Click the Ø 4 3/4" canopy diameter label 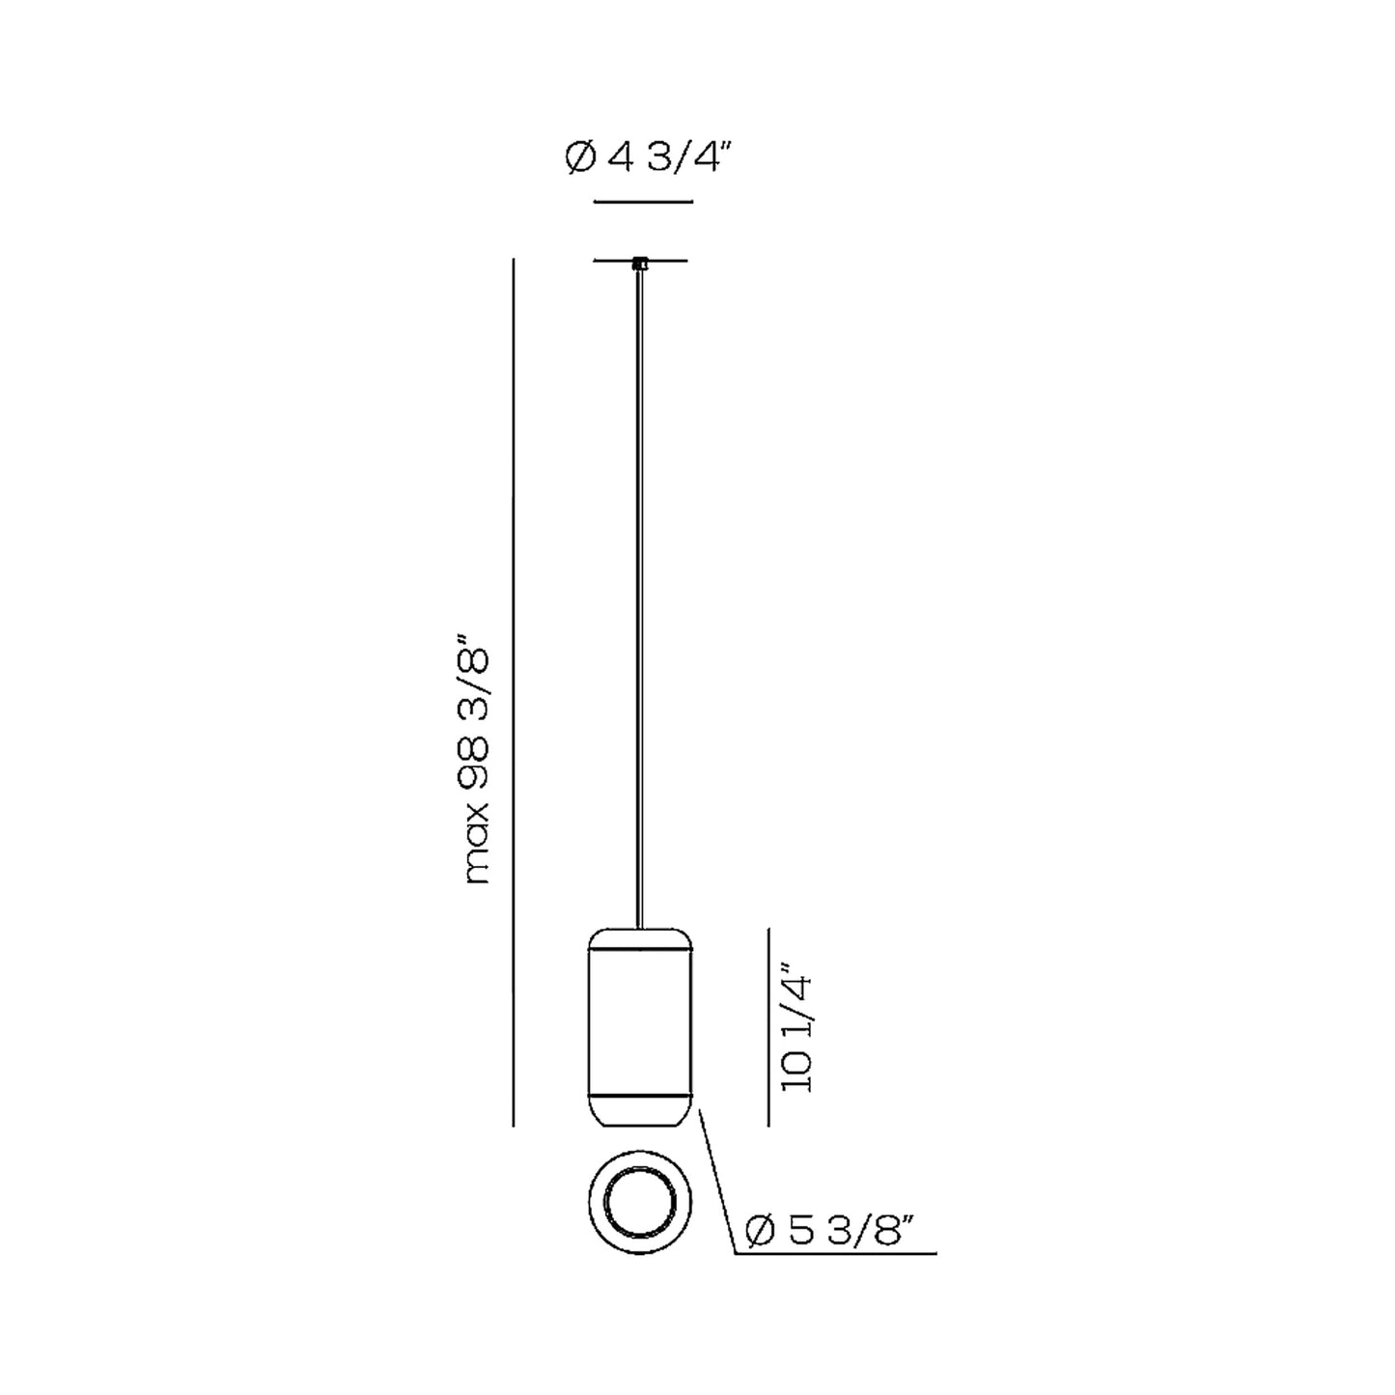(x=643, y=157)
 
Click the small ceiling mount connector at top (x=640, y=264)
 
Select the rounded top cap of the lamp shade (x=640, y=939)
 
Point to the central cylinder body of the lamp (x=640, y=1034)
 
